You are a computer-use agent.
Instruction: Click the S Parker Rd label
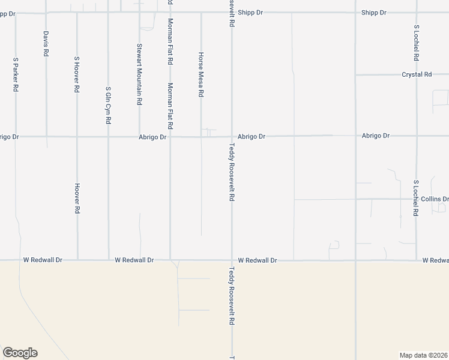pyautogui.click(x=16, y=74)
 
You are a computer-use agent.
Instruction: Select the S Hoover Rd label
pyautogui.click(x=77, y=74)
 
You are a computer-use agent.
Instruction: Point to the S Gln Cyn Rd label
pyautogui.click(x=108, y=104)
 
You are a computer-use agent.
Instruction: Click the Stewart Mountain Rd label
pyautogui.click(x=139, y=74)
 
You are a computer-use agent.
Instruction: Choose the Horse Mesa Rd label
pyautogui.click(x=201, y=74)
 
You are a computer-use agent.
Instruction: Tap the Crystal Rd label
pyautogui.click(x=417, y=74)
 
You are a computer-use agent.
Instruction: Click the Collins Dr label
pyautogui.click(x=435, y=199)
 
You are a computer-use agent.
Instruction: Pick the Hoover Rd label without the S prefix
pyautogui.click(x=77, y=199)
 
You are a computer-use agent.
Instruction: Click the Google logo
pyautogui.click(x=20, y=353)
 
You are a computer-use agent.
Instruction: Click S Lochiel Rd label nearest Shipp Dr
pyautogui.click(x=416, y=43)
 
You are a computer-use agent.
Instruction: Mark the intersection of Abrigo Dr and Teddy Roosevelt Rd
pyautogui.click(x=232, y=136)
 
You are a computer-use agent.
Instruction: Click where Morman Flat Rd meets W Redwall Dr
pyautogui.click(x=170, y=260)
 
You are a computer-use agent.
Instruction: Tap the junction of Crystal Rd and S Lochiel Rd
pyautogui.click(x=416, y=74)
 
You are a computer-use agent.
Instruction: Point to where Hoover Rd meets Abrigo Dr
pyautogui.click(x=77, y=137)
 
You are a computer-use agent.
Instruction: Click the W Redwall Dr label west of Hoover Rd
pyautogui.click(x=43, y=260)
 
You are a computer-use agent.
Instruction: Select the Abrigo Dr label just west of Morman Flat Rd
pyautogui.click(x=152, y=137)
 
